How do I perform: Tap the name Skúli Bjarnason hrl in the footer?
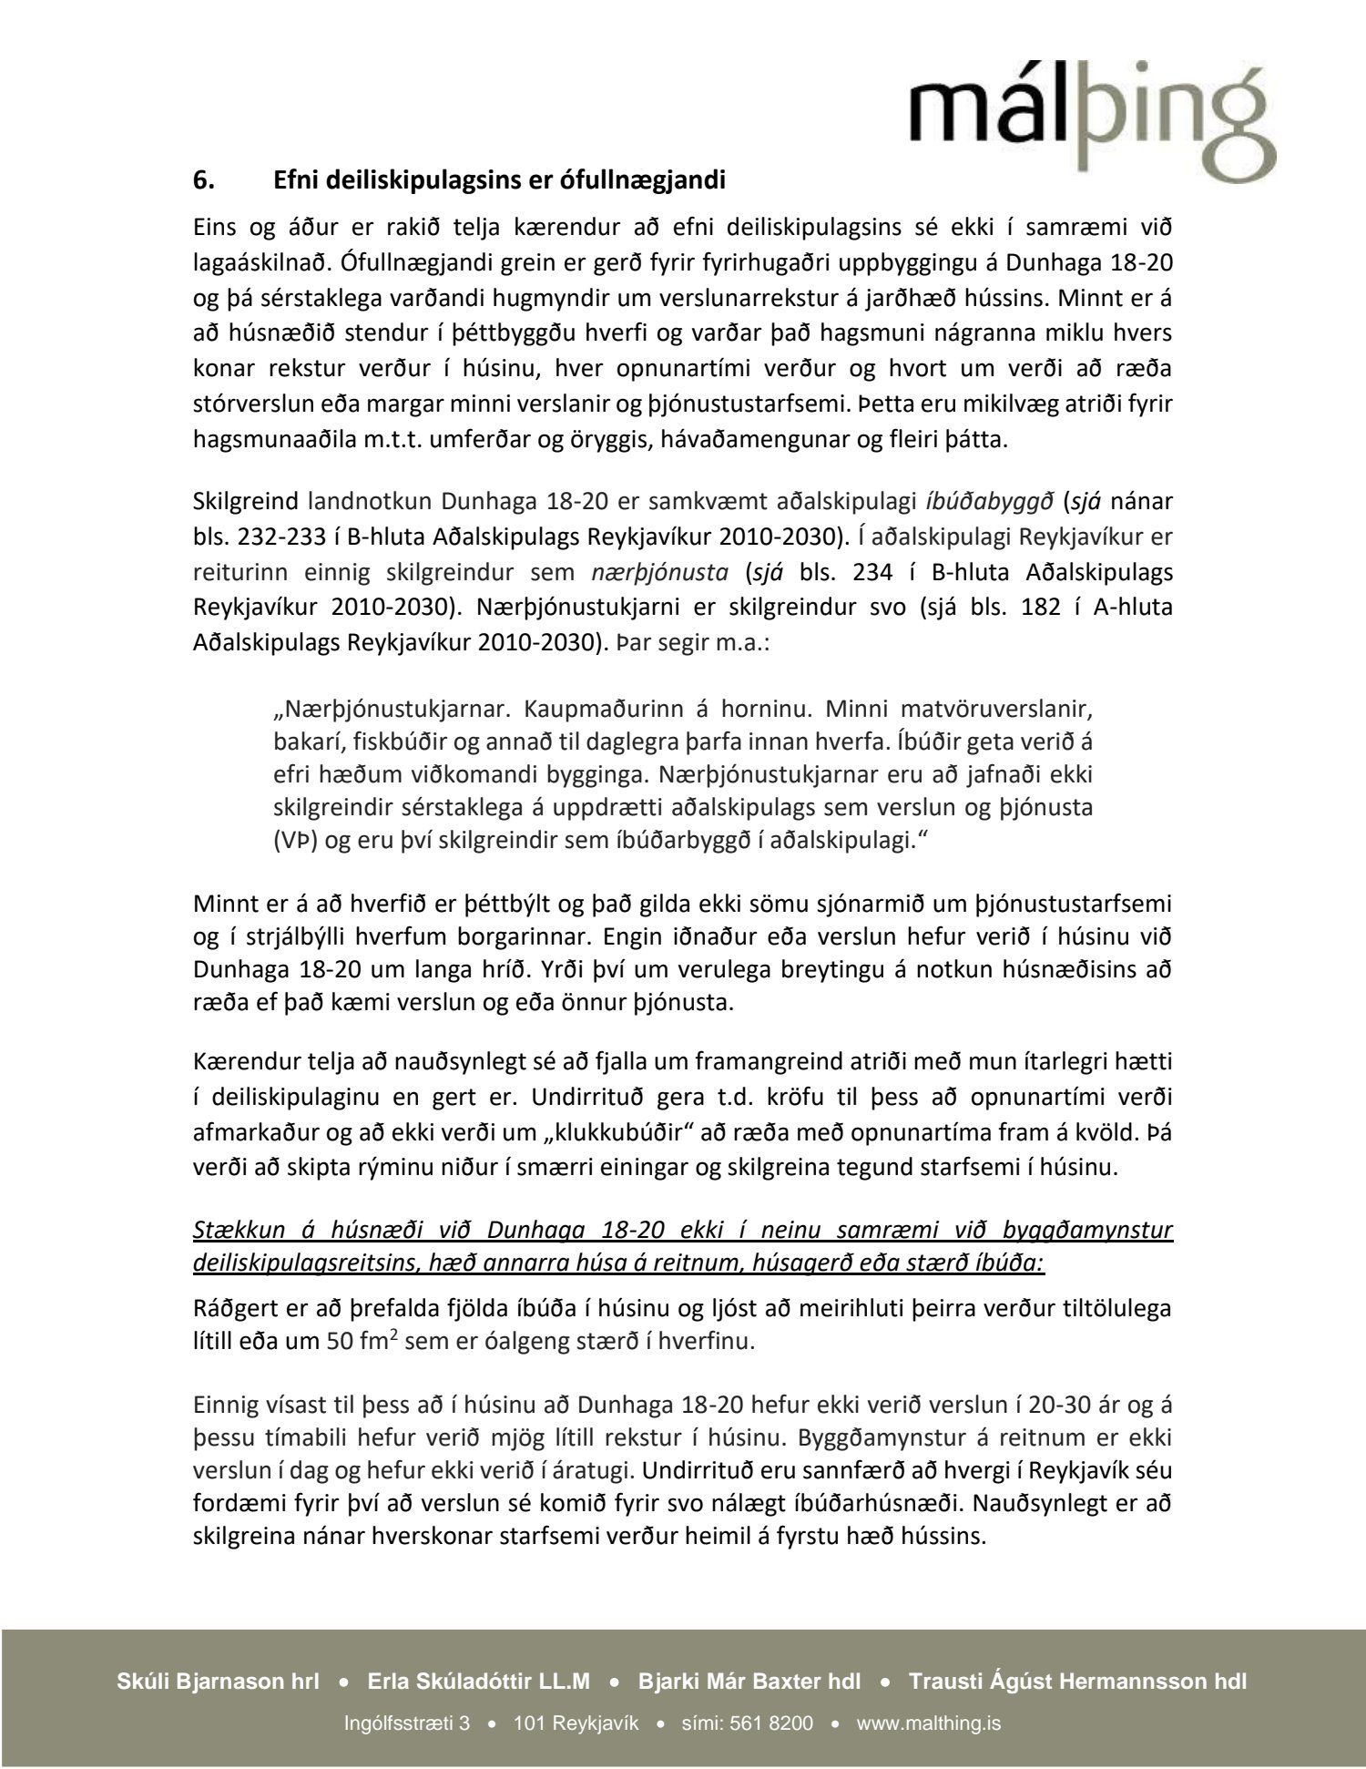coord(218,1682)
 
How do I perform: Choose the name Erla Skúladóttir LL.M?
coord(479,1682)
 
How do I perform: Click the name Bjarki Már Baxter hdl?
coord(749,1682)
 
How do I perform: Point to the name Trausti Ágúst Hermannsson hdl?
coord(1076,1682)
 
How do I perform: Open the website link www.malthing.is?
coord(929,1723)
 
